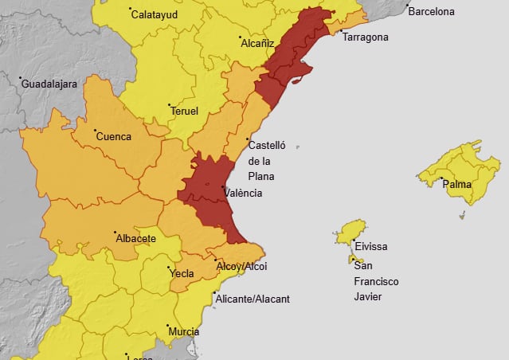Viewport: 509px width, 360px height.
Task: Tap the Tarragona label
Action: pyautogui.click(x=365, y=37)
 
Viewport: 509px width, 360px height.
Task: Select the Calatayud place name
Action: pyautogui.click(x=155, y=14)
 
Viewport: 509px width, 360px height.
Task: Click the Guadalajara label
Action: pyautogui.click(x=49, y=83)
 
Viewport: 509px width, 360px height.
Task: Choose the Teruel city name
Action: pyautogui.click(x=184, y=111)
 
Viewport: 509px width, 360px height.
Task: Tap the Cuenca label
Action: pyautogui.click(x=113, y=136)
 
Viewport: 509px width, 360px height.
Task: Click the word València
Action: pyautogui.click(x=243, y=193)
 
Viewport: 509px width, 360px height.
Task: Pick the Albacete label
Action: pyautogui.click(x=135, y=238)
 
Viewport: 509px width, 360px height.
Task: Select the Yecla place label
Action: pyautogui.click(x=183, y=272)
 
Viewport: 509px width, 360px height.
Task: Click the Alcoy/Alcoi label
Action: pyautogui.click(x=242, y=266)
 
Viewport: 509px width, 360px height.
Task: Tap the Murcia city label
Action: pyautogui.click(x=184, y=331)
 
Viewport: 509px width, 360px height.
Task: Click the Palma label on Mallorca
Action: pyautogui.click(x=457, y=185)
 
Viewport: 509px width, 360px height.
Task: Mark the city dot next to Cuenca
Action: pyautogui.click(x=96, y=131)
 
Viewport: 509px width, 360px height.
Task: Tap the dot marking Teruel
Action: pyautogui.click(x=169, y=105)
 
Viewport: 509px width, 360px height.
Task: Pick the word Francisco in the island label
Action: pyautogui.click(x=377, y=281)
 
